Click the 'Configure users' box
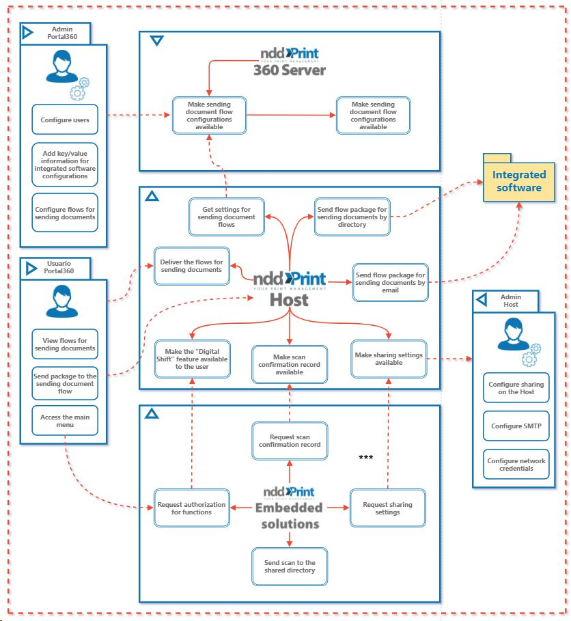65,120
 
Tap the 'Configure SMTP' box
516,426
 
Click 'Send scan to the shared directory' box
290,566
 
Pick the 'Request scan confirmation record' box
290,441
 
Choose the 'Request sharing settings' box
387,508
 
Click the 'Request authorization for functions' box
191,508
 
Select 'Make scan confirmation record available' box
290,364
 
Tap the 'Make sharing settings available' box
389,359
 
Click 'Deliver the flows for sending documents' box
191,266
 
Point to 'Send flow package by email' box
390,282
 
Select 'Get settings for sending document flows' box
226,217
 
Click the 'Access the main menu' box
65,421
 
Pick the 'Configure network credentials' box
516,465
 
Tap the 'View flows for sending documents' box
65,344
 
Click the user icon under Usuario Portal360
59,301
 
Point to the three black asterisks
366,457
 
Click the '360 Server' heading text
290,70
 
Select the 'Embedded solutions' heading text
288,516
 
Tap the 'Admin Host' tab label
511,300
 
